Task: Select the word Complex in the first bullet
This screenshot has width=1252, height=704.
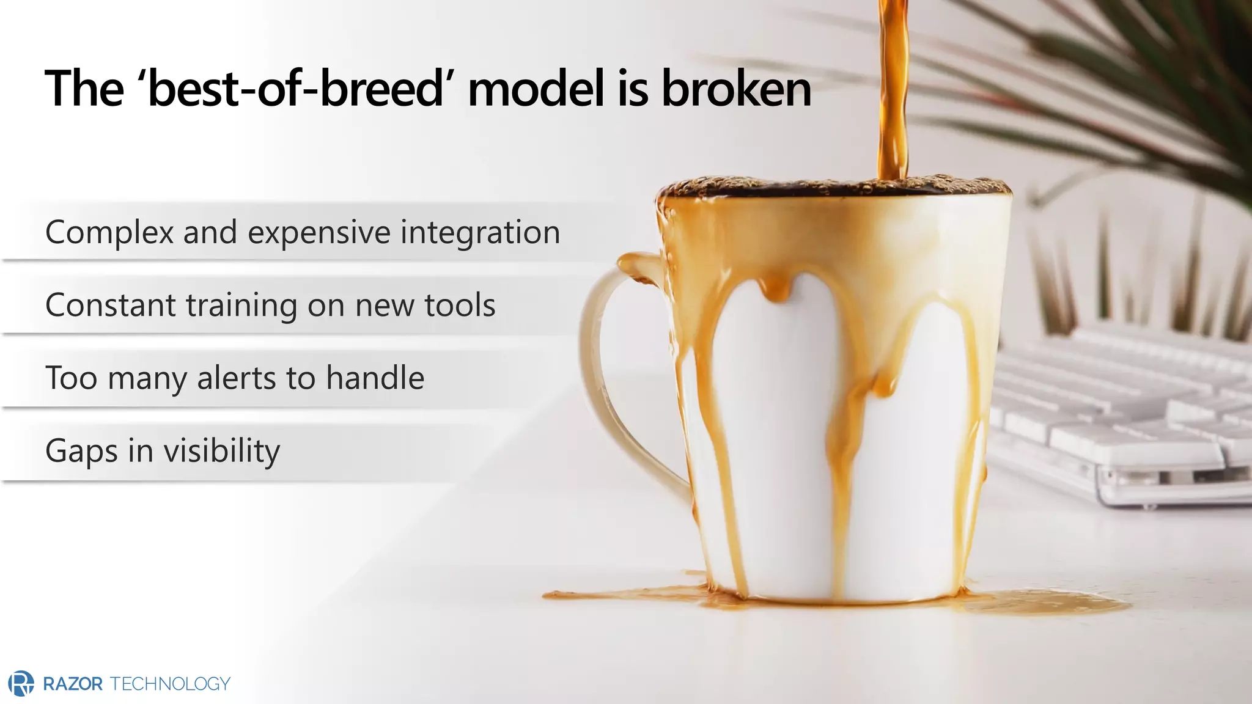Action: click(x=110, y=233)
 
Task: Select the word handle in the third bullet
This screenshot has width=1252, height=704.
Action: click(x=375, y=378)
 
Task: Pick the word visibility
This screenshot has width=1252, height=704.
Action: click(x=221, y=451)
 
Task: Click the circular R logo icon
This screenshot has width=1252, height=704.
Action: click(x=22, y=683)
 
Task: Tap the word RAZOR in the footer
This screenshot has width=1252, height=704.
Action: click(x=73, y=684)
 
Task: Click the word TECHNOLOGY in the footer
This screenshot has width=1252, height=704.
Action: click(x=170, y=684)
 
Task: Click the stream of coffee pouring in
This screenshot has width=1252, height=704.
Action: click(x=892, y=92)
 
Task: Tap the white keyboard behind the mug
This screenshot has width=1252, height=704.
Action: click(x=1119, y=416)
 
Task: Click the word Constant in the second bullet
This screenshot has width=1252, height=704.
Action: click(x=111, y=305)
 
